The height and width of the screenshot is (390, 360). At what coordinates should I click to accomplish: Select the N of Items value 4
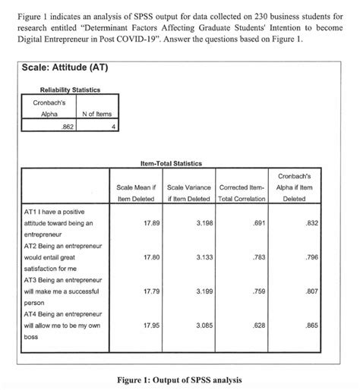click(112, 127)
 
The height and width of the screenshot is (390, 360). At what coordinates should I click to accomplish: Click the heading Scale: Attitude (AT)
click(68, 68)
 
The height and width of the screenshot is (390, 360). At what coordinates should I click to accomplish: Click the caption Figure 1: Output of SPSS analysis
click(180, 378)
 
